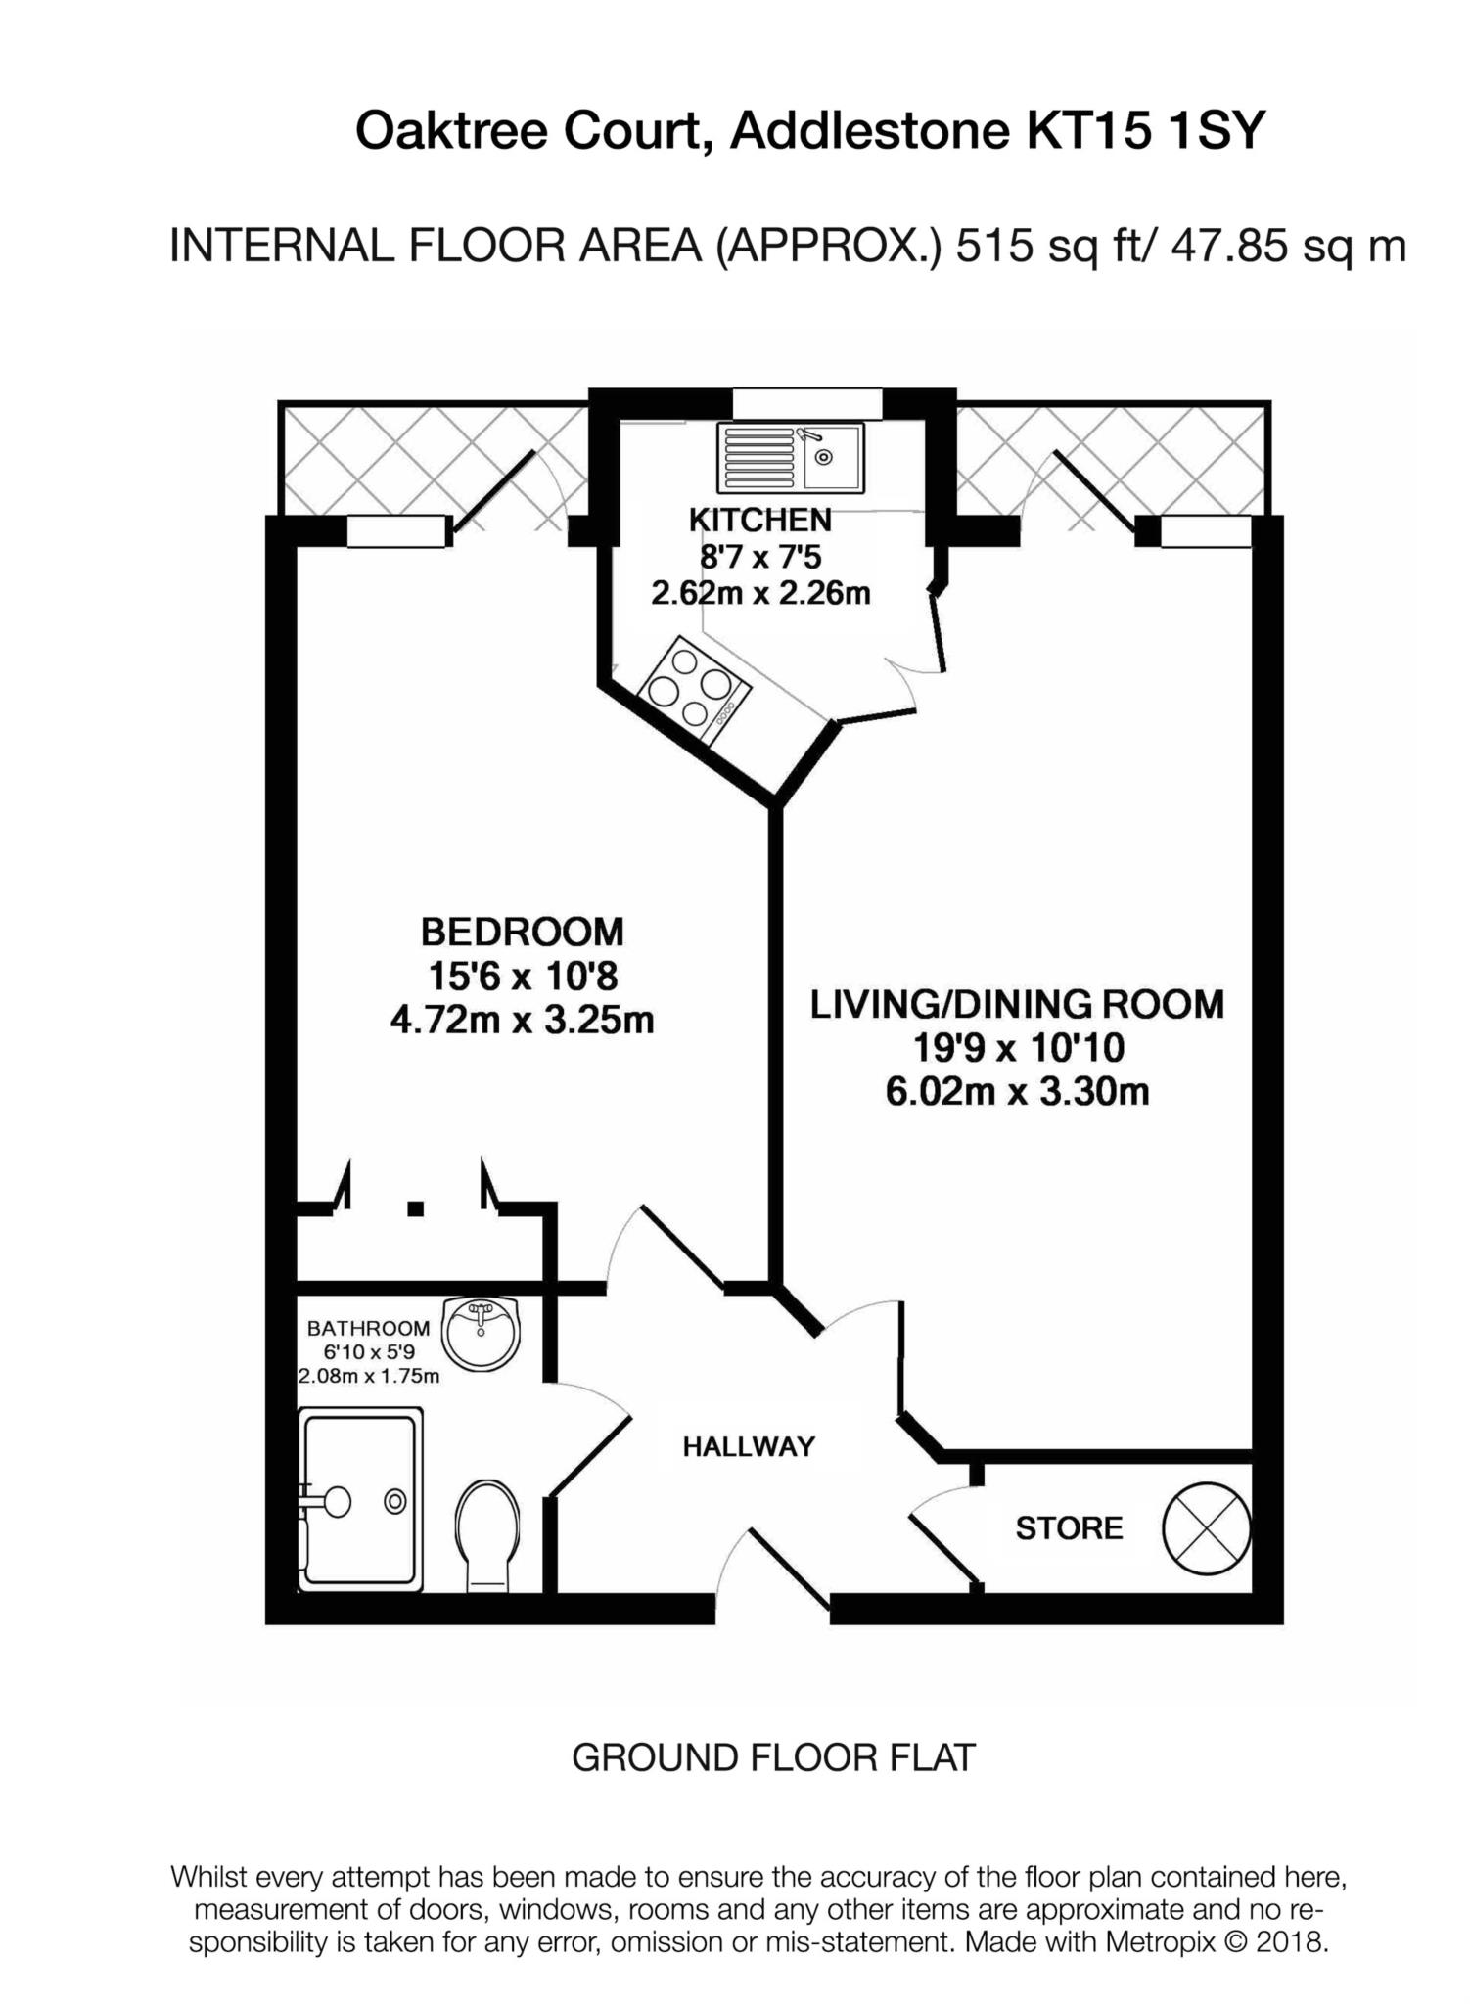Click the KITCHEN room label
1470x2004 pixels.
(x=760, y=519)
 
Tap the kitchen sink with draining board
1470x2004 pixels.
(x=791, y=457)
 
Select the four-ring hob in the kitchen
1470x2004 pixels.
(x=694, y=692)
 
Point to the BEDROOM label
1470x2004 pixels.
(x=523, y=932)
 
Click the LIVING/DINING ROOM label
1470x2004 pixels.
(x=1017, y=1004)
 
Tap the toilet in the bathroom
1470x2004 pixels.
(x=487, y=1534)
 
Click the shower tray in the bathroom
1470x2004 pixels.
(x=360, y=1498)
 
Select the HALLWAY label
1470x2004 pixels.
(x=749, y=1446)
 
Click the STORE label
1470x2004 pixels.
(x=1069, y=1528)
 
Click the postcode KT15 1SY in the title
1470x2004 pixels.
(x=1145, y=130)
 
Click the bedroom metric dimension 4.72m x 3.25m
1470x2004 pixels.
(x=522, y=1021)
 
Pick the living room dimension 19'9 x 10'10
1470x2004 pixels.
(x=1018, y=1048)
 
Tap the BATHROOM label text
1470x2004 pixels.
(x=368, y=1328)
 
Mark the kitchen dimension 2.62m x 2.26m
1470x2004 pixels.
(x=760, y=592)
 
